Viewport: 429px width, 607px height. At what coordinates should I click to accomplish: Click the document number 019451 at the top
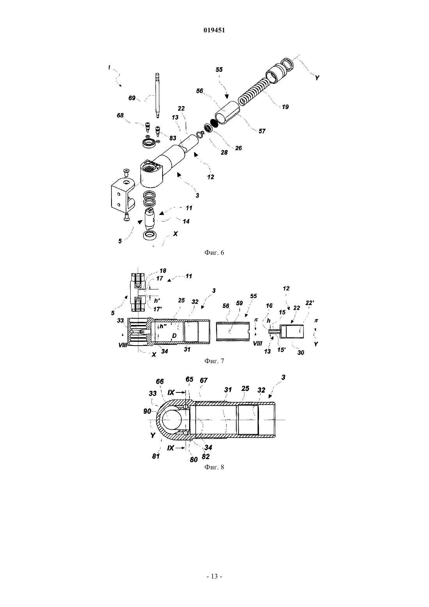tap(214, 30)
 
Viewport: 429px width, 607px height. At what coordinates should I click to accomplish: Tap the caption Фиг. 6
tap(214, 252)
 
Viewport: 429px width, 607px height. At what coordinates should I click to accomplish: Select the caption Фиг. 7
tap(214, 361)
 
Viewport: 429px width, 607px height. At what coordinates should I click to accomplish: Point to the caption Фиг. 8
tap(214, 467)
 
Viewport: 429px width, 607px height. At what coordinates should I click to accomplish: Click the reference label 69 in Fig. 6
tap(132, 98)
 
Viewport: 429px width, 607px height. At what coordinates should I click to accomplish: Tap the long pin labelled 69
tap(157, 95)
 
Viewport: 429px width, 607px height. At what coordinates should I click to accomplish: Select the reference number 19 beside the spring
tap(285, 107)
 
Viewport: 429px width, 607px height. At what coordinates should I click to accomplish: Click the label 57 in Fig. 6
tap(262, 131)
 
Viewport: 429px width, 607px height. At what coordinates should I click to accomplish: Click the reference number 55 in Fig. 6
tap(219, 70)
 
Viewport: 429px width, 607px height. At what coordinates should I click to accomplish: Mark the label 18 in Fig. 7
tap(163, 271)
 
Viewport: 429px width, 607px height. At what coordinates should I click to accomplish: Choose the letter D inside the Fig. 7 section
tap(174, 336)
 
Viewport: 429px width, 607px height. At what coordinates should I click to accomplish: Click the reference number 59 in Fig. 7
tap(239, 303)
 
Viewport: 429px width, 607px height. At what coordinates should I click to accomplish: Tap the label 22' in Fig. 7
tap(310, 303)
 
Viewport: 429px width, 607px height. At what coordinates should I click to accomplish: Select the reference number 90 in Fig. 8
tap(147, 411)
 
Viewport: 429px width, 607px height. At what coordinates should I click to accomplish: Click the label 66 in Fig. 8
tap(160, 382)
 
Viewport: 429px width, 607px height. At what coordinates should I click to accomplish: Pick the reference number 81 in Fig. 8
tap(156, 456)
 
